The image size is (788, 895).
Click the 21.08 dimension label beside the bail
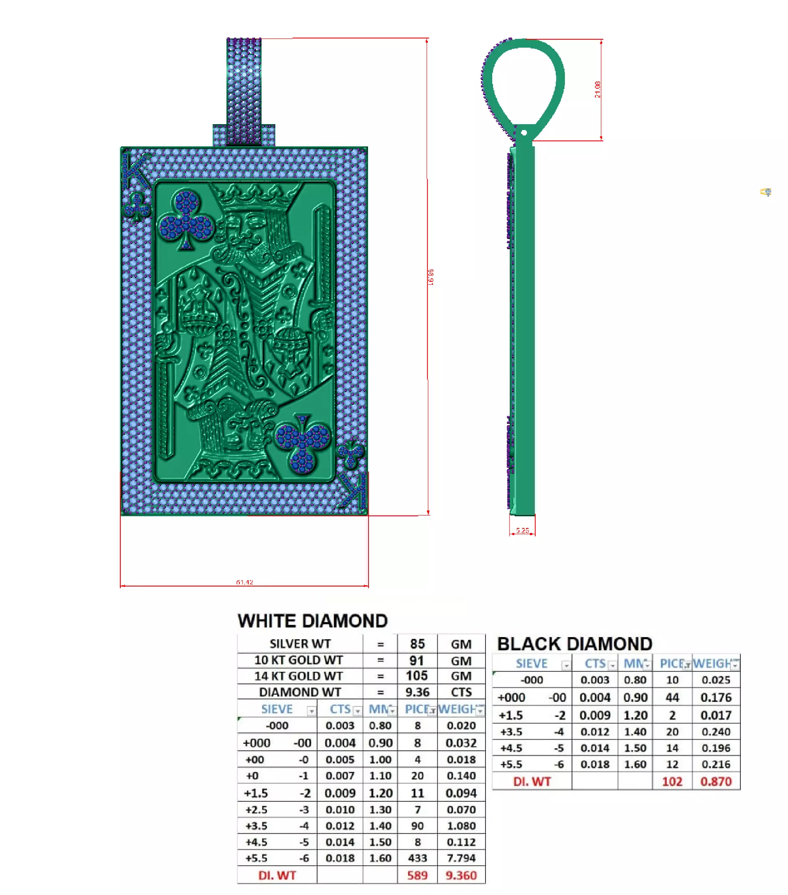[x=597, y=89]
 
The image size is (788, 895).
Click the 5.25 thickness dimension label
[x=522, y=530]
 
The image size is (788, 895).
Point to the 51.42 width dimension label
[x=244, y=582]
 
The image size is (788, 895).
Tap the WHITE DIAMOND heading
[x=313, y=621]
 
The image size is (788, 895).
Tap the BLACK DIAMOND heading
[x=574, y=644]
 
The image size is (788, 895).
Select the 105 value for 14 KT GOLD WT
[x=416, y=676]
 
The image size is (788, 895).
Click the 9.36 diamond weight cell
[x=417, y=692]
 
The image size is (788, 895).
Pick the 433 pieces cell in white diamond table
[x=417, y=858]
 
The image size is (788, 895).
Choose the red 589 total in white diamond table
[x=417, y=875]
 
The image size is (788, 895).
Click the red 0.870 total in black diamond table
[x=715, y=781]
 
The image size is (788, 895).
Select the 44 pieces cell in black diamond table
[x=671, y=697]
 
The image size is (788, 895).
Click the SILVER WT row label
[x=300, y=644]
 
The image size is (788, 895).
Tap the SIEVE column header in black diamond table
[x=531, y=663]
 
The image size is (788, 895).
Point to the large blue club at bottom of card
[x=302, y=443]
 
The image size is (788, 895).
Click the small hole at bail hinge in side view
[x=524, y=133]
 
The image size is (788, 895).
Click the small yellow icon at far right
[x=766, y=192]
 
